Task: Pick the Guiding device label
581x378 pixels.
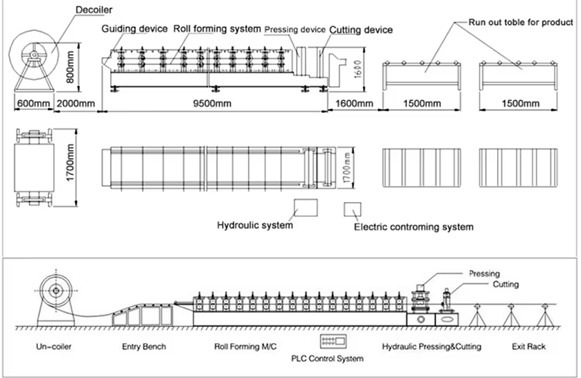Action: click(x=134, y=29)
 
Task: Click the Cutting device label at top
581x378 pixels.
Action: click(x=360, y=30)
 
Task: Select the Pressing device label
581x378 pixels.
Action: click(x=294, y=30)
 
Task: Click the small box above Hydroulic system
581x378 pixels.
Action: click(x=305, y=207)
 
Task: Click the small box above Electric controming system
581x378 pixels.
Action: click(x=354, y=210)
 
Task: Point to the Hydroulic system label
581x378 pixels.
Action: click(x=255, y=225)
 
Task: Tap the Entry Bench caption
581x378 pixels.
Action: click(x=144, y=348)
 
